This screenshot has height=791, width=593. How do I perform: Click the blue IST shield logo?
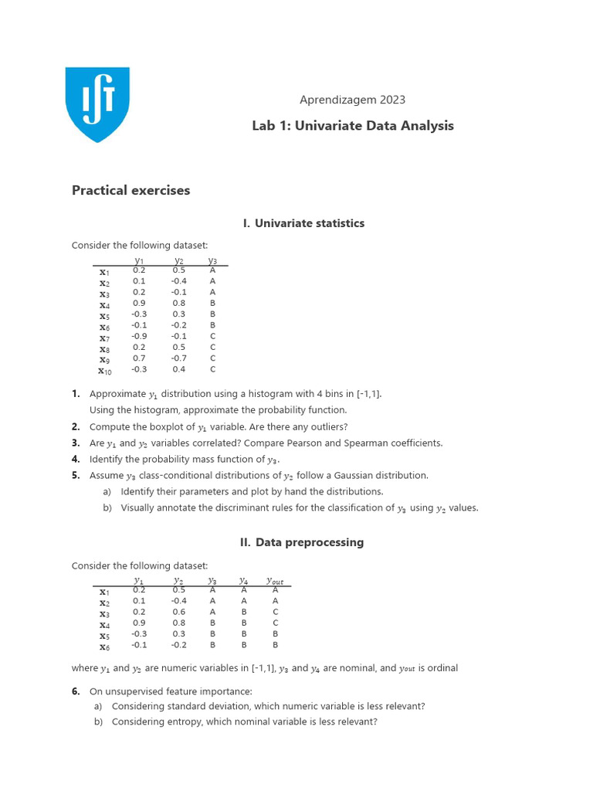[x=97, y=104]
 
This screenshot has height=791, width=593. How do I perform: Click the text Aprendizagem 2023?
[x=352, y=100]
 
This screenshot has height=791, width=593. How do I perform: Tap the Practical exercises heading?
[x=130, y=190]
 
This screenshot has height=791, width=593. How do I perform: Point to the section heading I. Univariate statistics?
[x=303, y=223]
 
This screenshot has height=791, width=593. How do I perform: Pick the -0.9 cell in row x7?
[x=139, y=337]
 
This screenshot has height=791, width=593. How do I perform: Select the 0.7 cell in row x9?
[x=139, y=358]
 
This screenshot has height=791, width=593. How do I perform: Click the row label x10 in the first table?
[x=105, y=371]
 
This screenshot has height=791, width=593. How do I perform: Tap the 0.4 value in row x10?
[x=179, y=370]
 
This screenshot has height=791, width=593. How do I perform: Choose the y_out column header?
[x=275, y=580]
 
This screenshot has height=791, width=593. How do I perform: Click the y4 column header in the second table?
[x=244, y=580]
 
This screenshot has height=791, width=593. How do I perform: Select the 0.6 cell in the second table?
[x=179, y=612]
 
